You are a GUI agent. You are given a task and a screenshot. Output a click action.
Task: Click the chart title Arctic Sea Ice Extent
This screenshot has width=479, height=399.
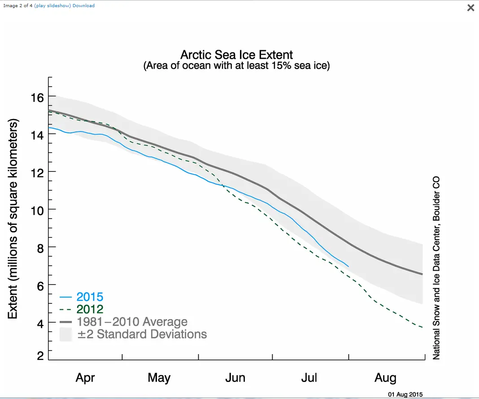tap(236, 55)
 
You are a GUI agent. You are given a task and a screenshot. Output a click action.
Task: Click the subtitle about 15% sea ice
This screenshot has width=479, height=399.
tap(236, 66)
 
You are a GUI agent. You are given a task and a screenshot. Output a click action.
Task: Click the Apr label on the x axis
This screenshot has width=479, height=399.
tap(85, 378)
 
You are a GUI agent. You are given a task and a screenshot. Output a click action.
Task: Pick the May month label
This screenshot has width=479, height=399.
tap(159, 378)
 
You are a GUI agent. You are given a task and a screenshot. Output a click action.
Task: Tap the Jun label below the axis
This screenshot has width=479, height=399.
tap(235, 378)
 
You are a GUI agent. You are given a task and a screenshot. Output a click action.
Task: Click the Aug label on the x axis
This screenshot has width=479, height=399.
tap(386, 378)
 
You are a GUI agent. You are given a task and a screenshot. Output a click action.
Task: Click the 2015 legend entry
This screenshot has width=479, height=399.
tap(90, 297)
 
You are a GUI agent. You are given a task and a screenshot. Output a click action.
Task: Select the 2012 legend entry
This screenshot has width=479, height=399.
tap(90, 309)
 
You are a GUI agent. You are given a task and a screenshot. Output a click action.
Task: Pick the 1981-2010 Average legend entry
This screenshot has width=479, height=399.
tap(132, 322)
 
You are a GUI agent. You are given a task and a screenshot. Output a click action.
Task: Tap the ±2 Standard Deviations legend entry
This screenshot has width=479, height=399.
tap(142, 334)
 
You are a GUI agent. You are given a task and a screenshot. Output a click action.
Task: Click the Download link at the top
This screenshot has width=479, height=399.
tap(84, 6)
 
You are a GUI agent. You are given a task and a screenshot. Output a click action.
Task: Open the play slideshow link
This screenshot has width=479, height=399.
tap(52, 6)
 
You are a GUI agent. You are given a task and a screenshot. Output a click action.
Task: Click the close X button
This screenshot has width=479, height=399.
tap(470, 8)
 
